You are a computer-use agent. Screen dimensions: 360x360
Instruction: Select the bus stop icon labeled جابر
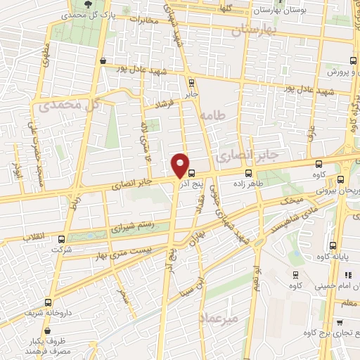point(192,82)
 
